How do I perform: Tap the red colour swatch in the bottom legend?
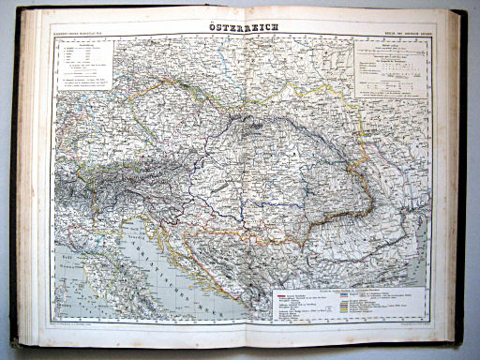coord(279,292)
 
